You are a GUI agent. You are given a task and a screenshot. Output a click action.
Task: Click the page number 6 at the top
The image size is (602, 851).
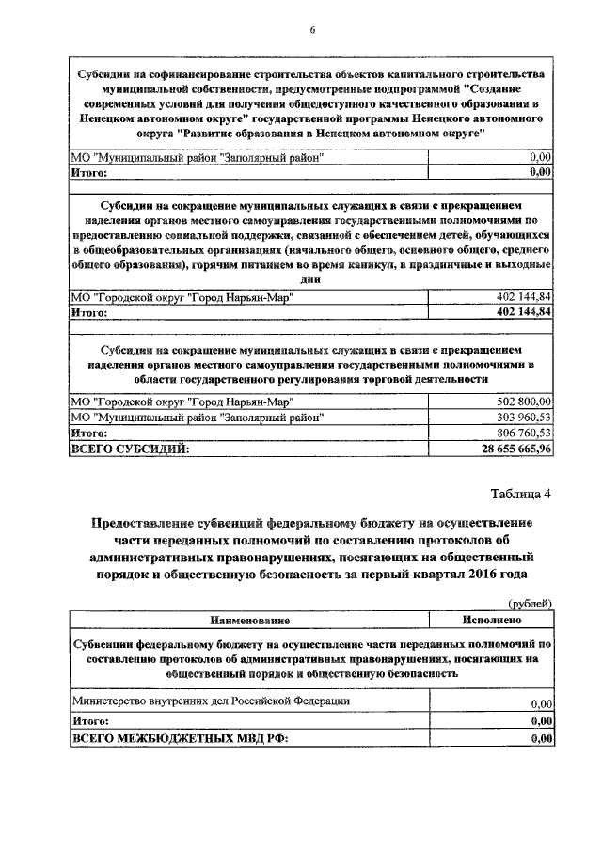pos(311,31)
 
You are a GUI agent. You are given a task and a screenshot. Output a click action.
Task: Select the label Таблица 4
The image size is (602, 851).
pos(521,495)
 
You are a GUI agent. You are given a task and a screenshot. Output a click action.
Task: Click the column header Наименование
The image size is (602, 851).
pos(249,621)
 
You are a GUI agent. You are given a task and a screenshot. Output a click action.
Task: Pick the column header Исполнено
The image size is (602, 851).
pos(490,621)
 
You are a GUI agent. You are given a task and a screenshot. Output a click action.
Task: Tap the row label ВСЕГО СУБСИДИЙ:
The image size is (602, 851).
pos(130,449)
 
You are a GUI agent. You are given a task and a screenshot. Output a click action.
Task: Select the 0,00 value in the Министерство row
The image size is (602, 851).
pos(540,703)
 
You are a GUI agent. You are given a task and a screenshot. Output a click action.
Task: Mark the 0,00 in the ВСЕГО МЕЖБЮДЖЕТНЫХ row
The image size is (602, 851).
pos(540,739)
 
